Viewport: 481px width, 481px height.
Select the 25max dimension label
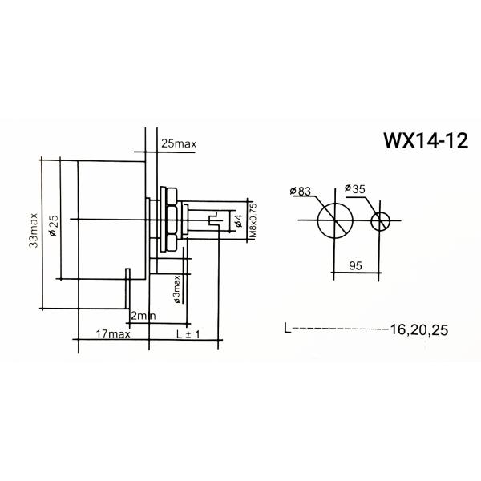click(178, 143)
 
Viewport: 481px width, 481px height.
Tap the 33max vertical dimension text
click(34, 233)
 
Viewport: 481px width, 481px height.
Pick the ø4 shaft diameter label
click(238, 219)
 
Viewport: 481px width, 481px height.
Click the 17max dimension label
click(112, 333)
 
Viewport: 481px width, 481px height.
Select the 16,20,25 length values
click(419, 329)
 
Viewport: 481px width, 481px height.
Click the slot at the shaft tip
click(212, 220)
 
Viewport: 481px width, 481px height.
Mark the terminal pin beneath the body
click(127, 289)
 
